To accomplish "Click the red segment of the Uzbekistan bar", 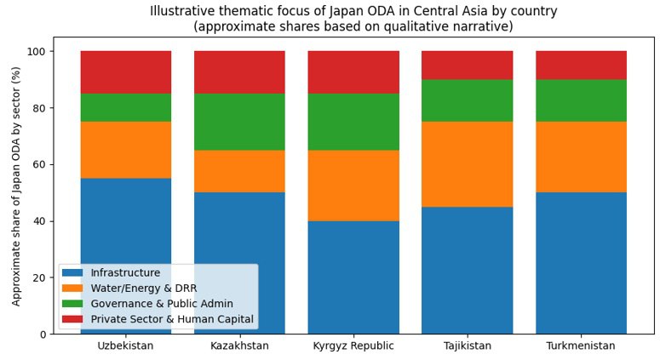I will tap(126, 71).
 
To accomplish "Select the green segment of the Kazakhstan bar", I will tap(239, 122).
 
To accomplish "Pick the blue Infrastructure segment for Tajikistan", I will tap(467, 270).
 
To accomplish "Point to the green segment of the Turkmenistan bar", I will tap(581, 100).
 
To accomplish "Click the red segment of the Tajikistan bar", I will tap(467, 65).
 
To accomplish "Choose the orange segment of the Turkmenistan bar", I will tap(581, 157).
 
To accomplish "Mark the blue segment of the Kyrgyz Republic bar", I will tap(353, 277).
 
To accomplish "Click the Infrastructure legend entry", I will tap(125, 273).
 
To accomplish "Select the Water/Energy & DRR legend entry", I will tap(143, 289).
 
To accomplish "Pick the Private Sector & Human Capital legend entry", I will tap(172, 319).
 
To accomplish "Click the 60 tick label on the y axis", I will tap(37, 165).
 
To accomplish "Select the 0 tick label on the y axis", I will tap(42, 334).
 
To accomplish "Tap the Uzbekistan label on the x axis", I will tap(126, 346).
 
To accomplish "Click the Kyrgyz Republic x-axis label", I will tap(353, 346).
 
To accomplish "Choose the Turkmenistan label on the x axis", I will tap(581, 346).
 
